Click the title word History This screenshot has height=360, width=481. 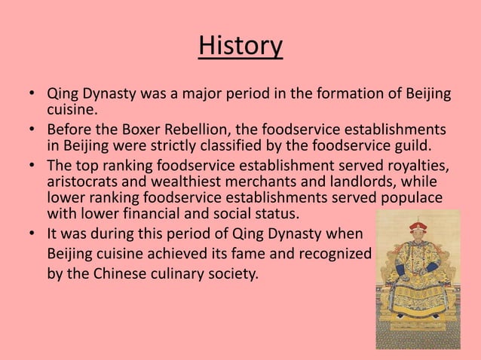click(x=240, y=46)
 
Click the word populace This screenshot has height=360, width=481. click(x=413, y=199)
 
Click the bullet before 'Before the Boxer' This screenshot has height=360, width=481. click(x=32, y=129)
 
